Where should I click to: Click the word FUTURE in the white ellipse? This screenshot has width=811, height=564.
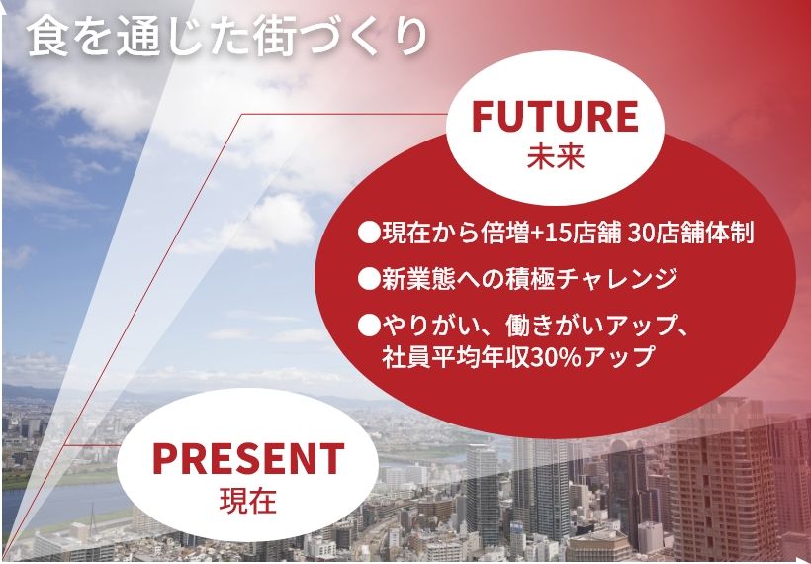(x=555, y=117)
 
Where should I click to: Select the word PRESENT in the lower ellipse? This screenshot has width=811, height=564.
(x=248, y=459)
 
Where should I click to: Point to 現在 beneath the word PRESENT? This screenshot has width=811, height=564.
(x=247, y=501)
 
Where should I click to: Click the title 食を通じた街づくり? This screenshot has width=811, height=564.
(x=227, y=37)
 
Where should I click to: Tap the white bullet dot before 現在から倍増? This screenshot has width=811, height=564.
(x=369, y=234)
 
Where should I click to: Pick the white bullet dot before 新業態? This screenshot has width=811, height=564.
(x=369, y=280)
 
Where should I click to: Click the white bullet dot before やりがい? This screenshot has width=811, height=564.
(x=369, y=327)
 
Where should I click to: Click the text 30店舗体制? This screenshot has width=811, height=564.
(x=690, y=234)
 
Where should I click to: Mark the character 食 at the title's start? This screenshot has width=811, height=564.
(x=47, y=37)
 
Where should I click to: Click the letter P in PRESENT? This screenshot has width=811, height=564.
(x=165, y=459)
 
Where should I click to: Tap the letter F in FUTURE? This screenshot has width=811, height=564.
(x=483, y=117)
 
